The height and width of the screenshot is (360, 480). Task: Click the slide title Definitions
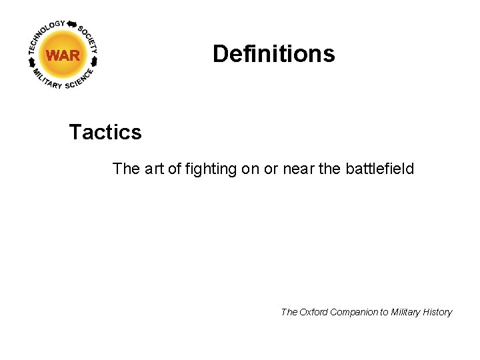tap(273, 53)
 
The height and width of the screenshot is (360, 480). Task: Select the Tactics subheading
tap(105, 132)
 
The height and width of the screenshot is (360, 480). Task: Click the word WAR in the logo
tap(63, 55)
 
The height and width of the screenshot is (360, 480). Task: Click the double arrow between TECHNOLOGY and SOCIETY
tap(72, 24)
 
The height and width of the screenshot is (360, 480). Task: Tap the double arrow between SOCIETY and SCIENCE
tap(94, 61)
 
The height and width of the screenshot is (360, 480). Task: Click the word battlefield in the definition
tap(380, 169)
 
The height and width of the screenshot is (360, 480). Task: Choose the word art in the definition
tap(153, 169)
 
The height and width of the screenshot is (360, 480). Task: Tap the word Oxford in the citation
tap(314, 312)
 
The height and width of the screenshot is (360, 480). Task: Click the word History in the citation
tap(439, 312)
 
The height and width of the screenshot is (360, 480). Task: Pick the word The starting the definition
tap(126, 169)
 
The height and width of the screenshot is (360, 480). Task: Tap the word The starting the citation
tap(289, 312)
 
